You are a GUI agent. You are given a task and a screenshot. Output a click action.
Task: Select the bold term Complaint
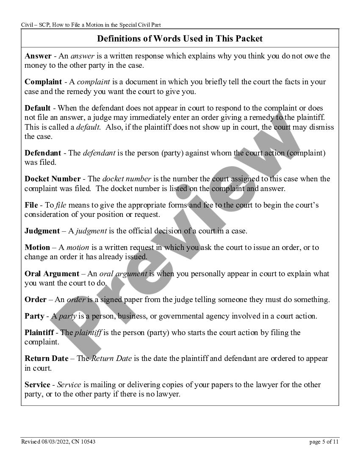tap(43, 82)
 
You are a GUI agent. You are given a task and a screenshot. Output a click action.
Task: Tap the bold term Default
tap(38, 108)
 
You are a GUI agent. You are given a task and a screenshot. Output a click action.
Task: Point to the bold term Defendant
tap(43, 153)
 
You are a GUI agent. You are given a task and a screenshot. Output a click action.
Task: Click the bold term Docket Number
tap(53, 179)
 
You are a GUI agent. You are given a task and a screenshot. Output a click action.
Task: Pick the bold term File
tap(31, 205)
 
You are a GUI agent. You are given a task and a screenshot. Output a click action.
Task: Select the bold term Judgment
tap(42, 231)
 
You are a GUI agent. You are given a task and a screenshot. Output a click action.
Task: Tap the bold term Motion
tap(37, 247)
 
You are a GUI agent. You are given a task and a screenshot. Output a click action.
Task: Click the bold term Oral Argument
tap(52, 274)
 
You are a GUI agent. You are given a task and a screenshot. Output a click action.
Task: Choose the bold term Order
tap(36, 300)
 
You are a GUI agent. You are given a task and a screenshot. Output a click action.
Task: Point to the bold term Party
tap(34, 316)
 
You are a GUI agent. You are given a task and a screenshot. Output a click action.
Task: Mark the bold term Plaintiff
tap(39, 333)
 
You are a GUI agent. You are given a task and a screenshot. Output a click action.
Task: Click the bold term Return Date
tap(46, 358)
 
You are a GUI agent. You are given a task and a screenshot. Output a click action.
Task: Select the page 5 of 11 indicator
tap(324, 442)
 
